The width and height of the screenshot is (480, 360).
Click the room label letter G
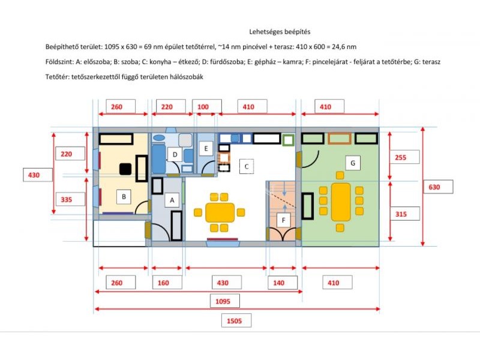(x=353, y=163)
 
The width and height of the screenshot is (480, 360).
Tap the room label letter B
(x=124, y=197)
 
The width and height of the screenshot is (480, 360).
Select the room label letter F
(x=283, y=220)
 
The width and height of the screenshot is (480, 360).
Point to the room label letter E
(x=206, y=149)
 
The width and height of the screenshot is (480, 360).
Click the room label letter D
(x=175, y=155)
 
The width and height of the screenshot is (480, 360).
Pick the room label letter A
(x=172, y=200)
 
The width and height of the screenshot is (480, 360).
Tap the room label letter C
(x=247, y=167)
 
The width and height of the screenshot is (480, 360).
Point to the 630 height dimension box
(x=439, y=187)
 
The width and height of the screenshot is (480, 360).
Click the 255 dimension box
(x=404, y=157)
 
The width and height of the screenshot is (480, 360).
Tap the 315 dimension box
(x=404, y=214)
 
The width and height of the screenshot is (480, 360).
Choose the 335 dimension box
(x=70, y=200)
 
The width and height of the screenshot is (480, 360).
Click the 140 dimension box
(x=283, y=283)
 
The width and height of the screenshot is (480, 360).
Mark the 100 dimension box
(x=207, y=107)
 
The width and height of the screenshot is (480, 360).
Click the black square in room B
(x=125, y=169)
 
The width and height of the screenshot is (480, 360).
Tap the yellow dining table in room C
(x=220, y=212)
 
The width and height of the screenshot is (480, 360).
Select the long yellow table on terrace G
(x=341, y=202)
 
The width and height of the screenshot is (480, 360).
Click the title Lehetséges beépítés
(x=280, y=32)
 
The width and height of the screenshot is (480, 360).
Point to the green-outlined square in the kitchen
(x=288, y=140)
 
